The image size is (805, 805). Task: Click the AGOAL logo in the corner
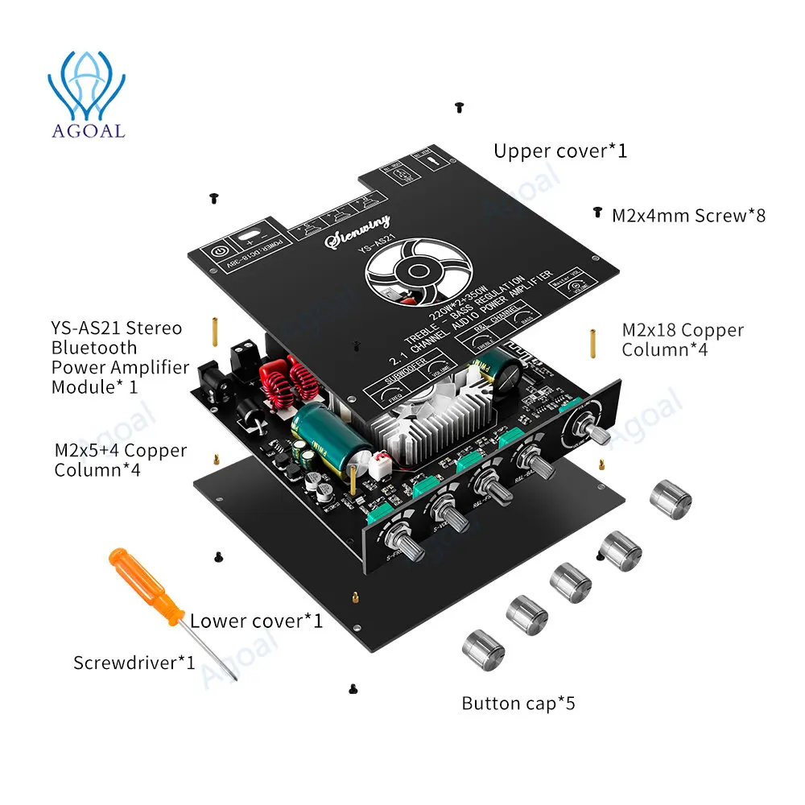[x=86, y=95]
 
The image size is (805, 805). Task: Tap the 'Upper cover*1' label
[x=559, y=151]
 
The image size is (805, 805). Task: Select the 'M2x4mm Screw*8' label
[x=688, y=215]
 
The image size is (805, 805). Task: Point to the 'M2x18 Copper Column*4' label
[x=683, y=340]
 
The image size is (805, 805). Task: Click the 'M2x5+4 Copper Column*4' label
[x=121, y=460]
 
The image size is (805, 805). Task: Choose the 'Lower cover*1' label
[x=256, y=621]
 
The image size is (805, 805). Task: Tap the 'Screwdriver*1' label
[x=134, y=663]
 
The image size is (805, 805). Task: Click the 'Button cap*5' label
[x=518, y=704]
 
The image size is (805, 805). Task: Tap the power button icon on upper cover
[x=217, y=250]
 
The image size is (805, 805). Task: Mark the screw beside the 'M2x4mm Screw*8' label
[x=597, y=212]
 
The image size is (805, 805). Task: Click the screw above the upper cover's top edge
[x=459, y=106]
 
